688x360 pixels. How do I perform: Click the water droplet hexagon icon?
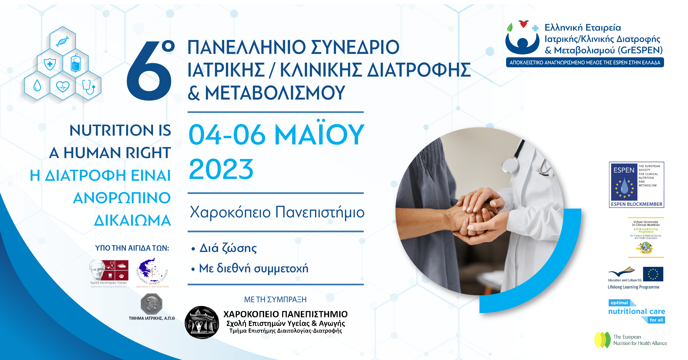coord(37,86)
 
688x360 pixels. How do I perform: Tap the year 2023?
coord(221,169)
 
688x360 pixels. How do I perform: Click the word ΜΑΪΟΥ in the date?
coord(319,135)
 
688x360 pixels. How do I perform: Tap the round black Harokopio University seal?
coord(202,322)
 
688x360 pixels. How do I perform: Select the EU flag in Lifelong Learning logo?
coord(653,274)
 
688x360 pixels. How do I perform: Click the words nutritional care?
coord(636,312)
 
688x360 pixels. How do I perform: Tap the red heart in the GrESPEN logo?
coord(523,24)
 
